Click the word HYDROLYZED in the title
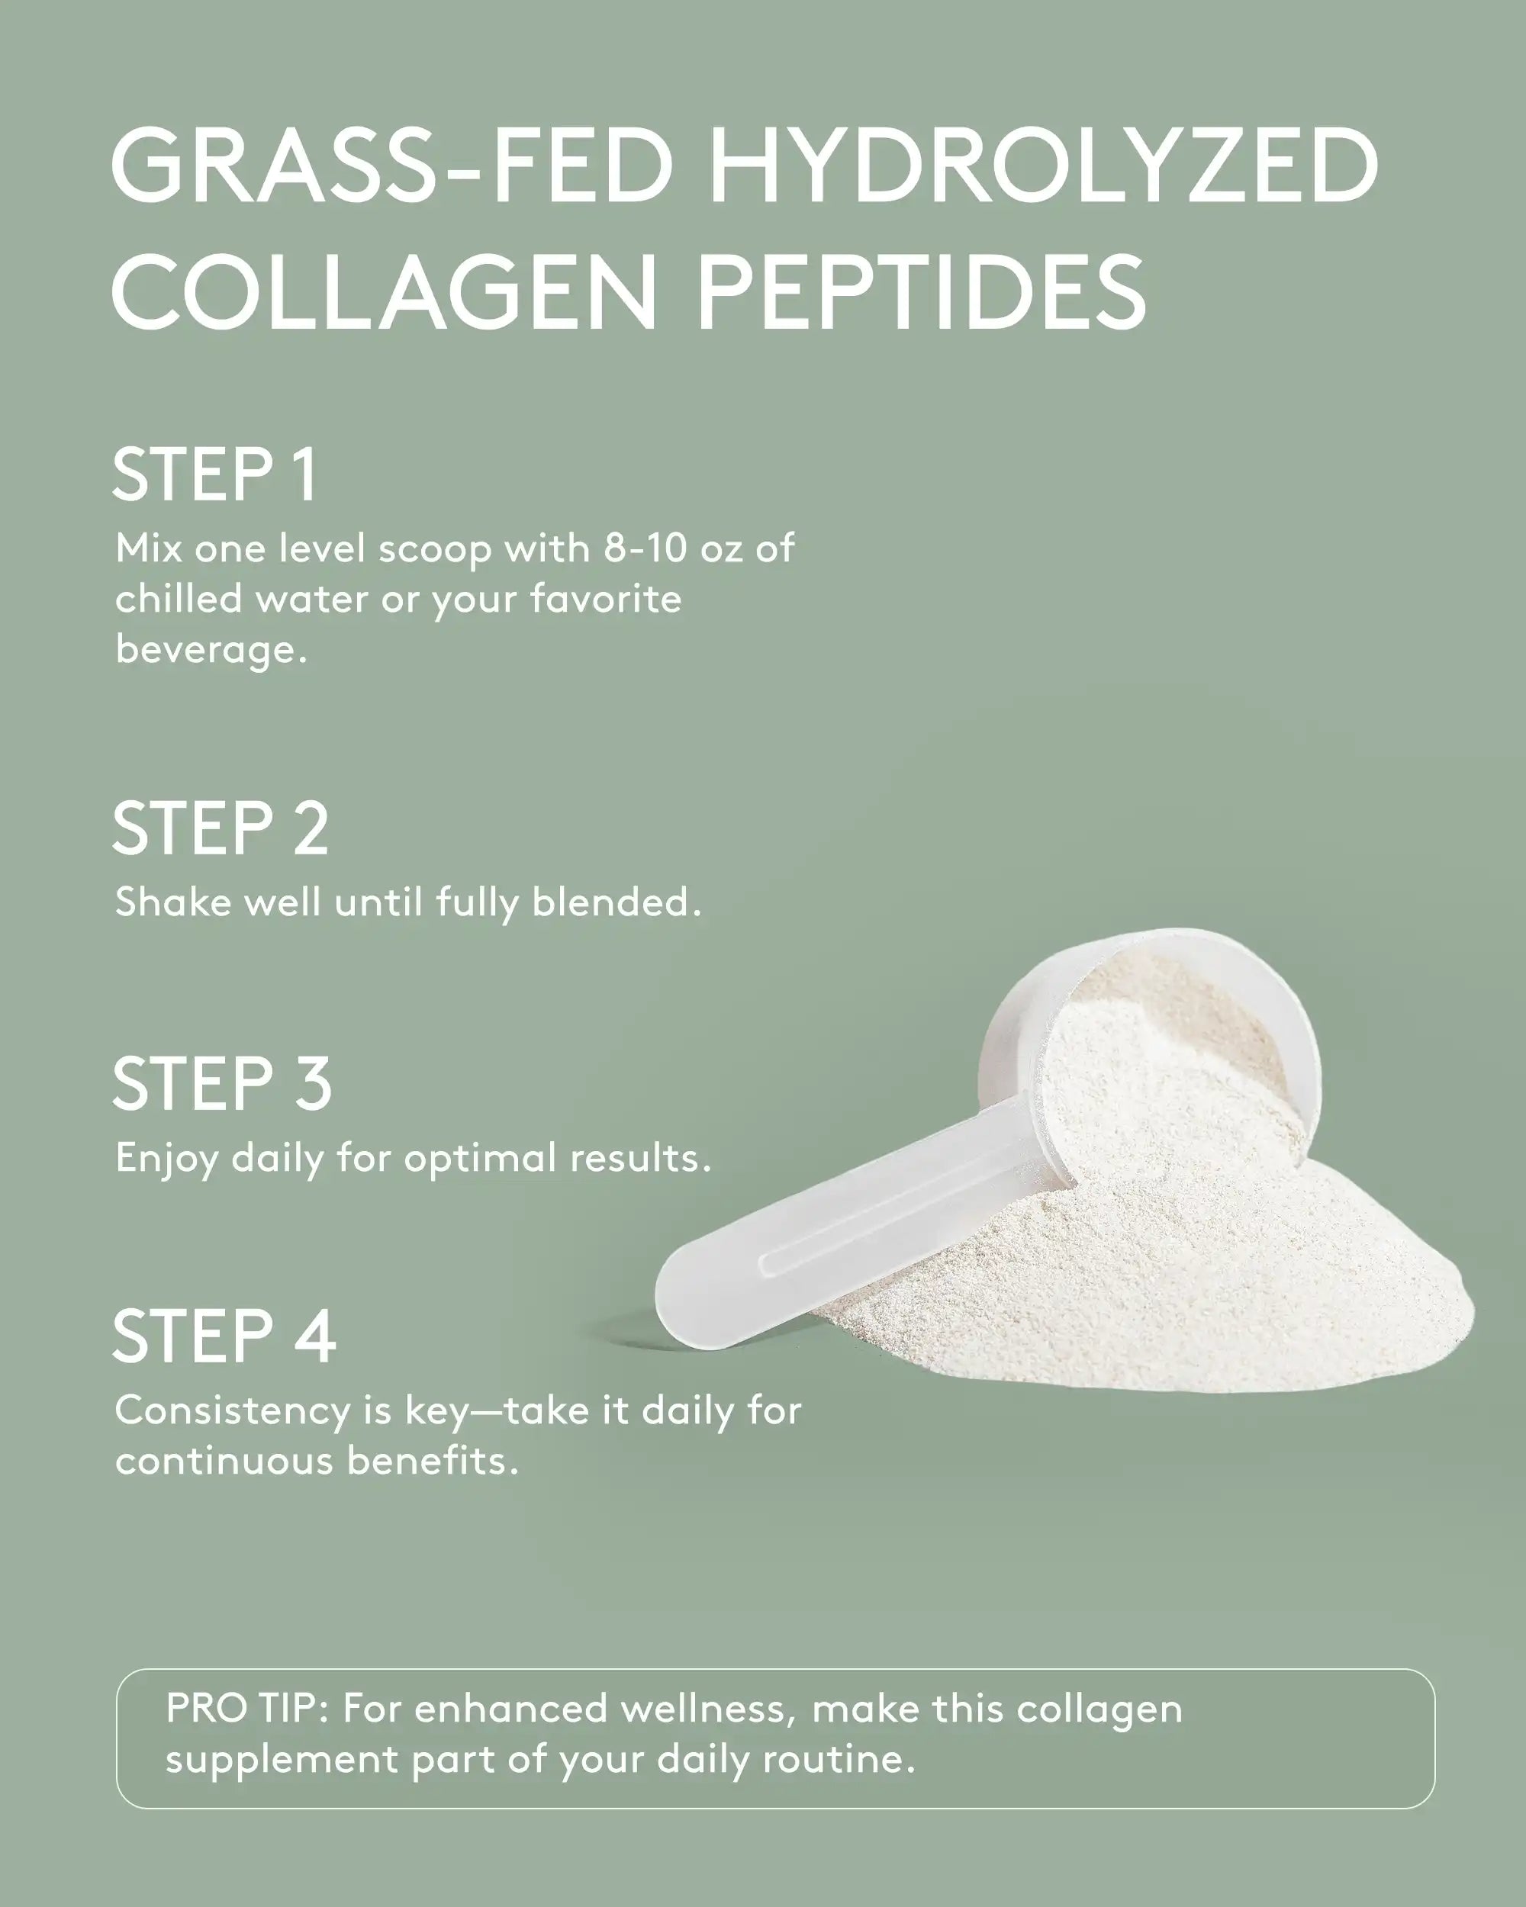pos(1044,166)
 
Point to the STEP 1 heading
pos(214,475)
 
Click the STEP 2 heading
pos(221,829)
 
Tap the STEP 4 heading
pos(224,1336)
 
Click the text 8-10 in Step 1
pos(645,549)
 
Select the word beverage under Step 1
pos(211,650)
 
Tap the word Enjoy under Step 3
pos(166,1159)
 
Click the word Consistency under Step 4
pos(232,1412)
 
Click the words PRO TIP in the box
pos(246,1709)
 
